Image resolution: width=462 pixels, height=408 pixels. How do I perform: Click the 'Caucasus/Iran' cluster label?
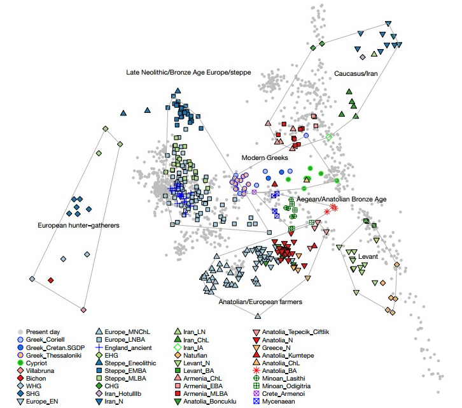click(x=356, y=73)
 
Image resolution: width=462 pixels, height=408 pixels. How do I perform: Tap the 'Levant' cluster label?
click(x=368, y=256)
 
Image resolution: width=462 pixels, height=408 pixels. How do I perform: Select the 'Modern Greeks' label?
click(x=265, y=157)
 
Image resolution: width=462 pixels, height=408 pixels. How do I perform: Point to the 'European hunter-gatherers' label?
click(x=78, y=226)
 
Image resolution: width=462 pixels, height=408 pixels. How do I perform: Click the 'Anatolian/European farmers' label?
click(x=260, y=302)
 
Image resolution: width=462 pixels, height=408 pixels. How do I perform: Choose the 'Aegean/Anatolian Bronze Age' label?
click(x=341, y=200)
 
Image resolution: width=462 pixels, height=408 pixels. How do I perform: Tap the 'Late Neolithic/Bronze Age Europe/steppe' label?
click(x=188, y=72)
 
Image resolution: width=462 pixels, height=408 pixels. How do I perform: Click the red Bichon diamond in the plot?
click(x=51, y=280)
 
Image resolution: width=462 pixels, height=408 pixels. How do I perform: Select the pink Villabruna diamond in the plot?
click(x=83, y=310)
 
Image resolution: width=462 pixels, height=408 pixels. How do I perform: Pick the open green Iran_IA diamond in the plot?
click(x=329, y=137)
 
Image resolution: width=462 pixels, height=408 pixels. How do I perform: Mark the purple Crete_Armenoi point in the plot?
click(x=255, y=192)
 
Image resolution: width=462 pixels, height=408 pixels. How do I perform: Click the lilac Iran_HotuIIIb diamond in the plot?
click(x=363, y=57)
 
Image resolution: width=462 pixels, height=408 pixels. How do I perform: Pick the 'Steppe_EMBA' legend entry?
click(x=125, y=371)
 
